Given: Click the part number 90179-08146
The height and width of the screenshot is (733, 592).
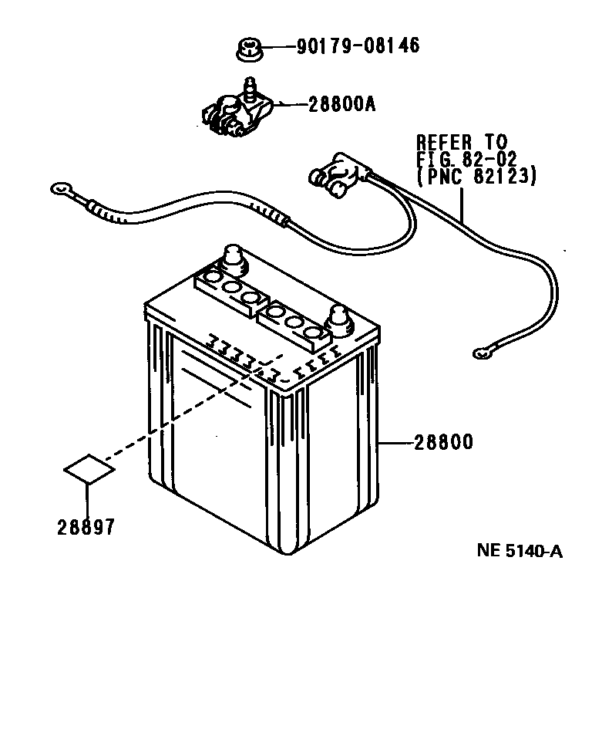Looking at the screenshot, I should click(x=358, y=46).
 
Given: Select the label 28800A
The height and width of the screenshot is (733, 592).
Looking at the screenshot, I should click(x=341, y=103).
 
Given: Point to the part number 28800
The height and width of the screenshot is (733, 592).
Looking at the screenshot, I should click(x=442, y=443).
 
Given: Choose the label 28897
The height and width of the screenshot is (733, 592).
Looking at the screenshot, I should click(x=86, y=527).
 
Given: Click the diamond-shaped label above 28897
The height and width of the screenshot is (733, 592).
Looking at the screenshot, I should click(x=89, y=468).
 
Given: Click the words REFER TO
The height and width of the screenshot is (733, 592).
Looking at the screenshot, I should click(x=462, y=142).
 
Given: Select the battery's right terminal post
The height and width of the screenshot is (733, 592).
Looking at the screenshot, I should click(x=340, y=318).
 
